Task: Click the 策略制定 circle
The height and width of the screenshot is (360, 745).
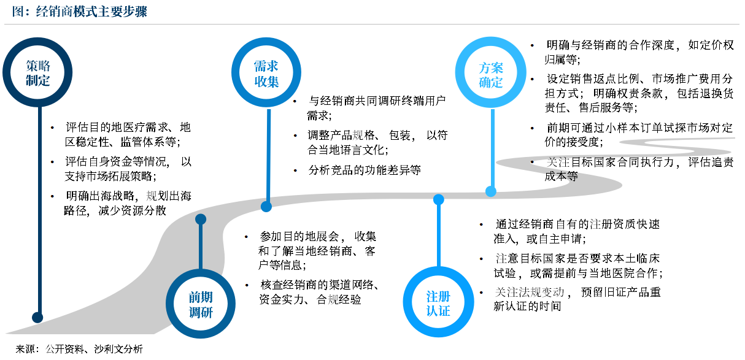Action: pos(38,73)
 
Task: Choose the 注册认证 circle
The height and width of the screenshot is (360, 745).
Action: pos(438,304)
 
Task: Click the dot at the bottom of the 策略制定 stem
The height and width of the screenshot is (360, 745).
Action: pos(37,317)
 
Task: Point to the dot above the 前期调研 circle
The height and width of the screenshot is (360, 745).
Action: pos(200,219)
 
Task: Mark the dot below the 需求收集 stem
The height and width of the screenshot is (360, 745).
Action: pos(266,206)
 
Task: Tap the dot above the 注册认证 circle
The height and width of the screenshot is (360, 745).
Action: pos(438,199)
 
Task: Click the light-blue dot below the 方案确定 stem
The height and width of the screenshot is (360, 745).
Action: pos(490,191)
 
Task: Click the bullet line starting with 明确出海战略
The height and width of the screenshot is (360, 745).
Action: pos(129,197)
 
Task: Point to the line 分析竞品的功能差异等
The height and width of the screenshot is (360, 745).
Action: pos(365,170)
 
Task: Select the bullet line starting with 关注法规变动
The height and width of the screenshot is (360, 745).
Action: pos(577,292)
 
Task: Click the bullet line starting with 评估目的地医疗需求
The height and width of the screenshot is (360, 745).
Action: pos(128,128)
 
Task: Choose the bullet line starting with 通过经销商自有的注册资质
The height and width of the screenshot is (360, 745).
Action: pos(577,224)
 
